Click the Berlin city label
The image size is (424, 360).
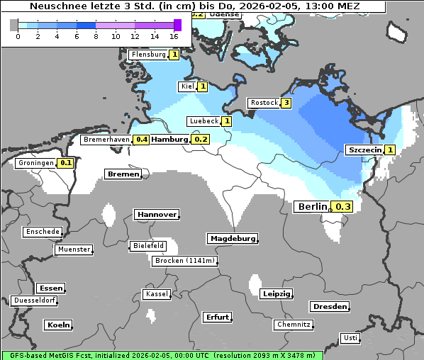pos(312,206)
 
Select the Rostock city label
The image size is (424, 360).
pos(264,103)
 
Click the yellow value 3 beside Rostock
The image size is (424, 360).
pos(286,103)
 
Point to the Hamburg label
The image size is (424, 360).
pos(169,140)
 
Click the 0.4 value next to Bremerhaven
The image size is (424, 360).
pos(142,140)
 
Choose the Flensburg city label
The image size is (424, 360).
pos(148,55)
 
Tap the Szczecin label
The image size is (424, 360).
pos(364,150)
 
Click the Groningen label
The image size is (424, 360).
pos(36,163)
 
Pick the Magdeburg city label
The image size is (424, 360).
pos(232,238)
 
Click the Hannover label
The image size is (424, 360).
pos(156,214)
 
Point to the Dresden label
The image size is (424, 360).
pos(329,306)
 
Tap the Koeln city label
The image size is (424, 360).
pos(58,325)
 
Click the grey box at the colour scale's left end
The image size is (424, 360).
pos(14,25)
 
